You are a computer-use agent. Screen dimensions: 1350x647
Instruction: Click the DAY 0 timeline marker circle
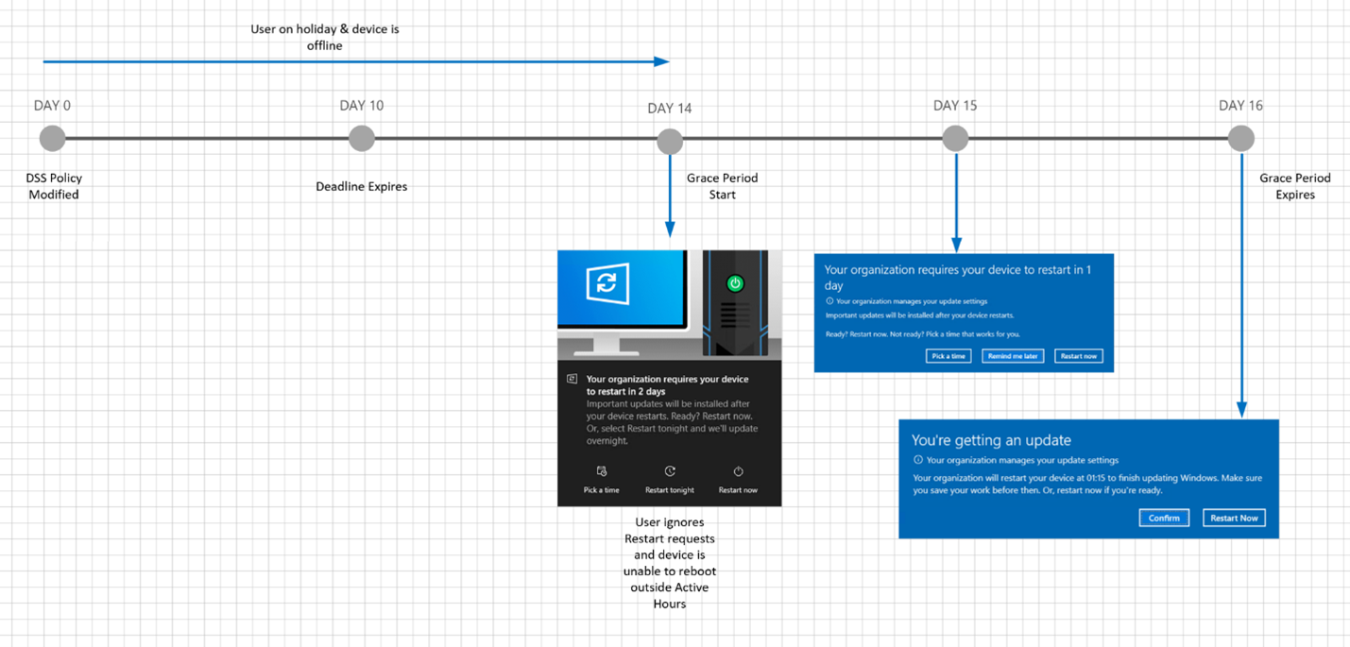coord(53,139)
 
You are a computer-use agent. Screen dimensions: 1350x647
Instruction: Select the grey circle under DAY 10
coord(362,139)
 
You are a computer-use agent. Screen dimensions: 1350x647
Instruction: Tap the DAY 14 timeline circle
coord(670,142)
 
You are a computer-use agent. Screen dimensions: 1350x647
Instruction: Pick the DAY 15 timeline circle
coord(955,139)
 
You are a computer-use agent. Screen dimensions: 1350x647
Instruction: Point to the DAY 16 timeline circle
coord(1241,139)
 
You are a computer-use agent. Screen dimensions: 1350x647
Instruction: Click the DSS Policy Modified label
coord(54,186)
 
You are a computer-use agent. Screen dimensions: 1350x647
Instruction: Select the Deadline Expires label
coord(362,187)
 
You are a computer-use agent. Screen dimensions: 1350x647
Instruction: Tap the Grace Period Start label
coord(722,186)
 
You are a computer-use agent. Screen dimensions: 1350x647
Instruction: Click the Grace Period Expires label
coord(1295,186)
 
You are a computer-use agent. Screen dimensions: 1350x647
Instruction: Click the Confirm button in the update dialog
coord(1164,519)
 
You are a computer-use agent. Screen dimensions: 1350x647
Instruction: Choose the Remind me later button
coord(1013,356)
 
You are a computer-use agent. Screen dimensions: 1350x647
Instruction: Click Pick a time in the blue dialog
coord(948,356)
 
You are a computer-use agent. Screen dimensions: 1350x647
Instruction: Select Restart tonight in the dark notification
coord(670,480)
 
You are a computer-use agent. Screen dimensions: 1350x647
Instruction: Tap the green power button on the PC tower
coord(735,283)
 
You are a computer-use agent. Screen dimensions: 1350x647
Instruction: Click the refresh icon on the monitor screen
coord(607,282)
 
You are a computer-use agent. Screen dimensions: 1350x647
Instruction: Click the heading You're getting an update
coord(991,440)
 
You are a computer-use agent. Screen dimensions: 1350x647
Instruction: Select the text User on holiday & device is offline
coord(325,38)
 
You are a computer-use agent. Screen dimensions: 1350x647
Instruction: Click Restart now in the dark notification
coord(738,480)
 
